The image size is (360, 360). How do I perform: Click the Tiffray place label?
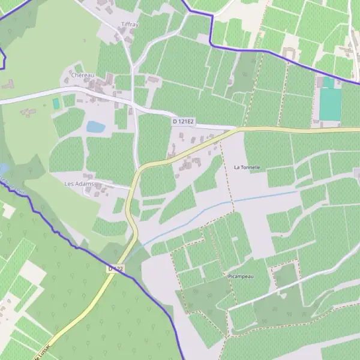pyautogui.click(x=130, y=24)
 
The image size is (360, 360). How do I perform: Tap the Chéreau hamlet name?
pyautogui.click(x=83, y=75)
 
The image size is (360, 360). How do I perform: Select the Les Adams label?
pyautogui.click(x=83, y=183)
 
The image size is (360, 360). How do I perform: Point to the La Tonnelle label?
pyautogui.click(x=247, y=167)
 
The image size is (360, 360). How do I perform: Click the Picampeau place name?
pyautogui.click(x=243, y=277)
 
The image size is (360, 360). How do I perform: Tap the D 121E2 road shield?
pyautogui.click(x=184, y=122)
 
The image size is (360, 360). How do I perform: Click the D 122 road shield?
pyautogui.click(x=116, y=269)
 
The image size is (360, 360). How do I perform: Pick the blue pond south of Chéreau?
pyautogui.click(x=95, y=127)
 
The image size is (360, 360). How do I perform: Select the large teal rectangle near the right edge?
pyautogui.click(x=330, y=104)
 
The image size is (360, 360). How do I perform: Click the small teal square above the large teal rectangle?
pyautogui.click(x=329, y=82)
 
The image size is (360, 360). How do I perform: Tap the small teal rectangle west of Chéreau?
pyautogui.click(x=56, y=104)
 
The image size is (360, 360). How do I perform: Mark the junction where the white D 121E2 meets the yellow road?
pyautogui.click(x=238, y=128)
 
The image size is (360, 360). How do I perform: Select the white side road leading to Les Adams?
pyautogui.click(x=114, y=185)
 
